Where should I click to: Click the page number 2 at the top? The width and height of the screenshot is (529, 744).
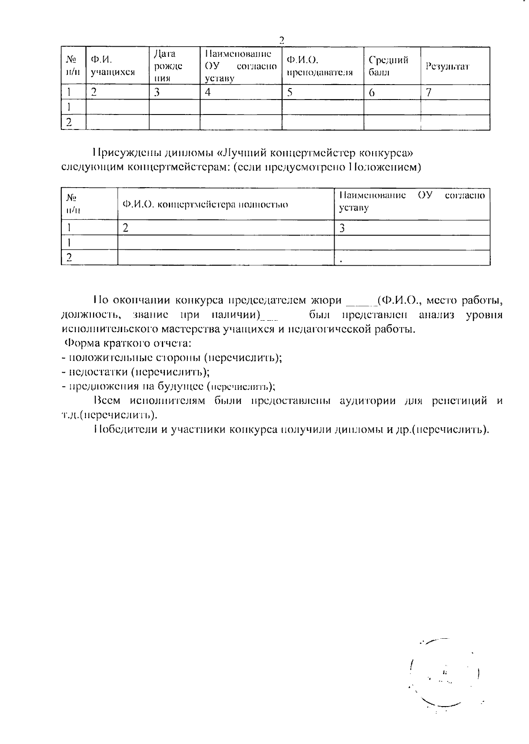(x=282, y=40)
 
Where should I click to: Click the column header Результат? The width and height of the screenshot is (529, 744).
(x=447, y=67)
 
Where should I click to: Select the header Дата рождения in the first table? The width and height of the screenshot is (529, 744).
(x=168, y=66)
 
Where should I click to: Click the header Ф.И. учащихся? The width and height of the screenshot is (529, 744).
(x=112, y=66)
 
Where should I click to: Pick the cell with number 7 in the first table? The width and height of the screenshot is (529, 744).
(x=428, y=93)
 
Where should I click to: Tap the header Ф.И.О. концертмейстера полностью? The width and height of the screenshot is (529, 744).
(x=205, y=204)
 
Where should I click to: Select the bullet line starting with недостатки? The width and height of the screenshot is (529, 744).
(x=136, y=372)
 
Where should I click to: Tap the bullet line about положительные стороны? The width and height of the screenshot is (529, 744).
(x=172, y=357)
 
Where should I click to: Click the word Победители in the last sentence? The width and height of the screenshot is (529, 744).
(x=125, y=429)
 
